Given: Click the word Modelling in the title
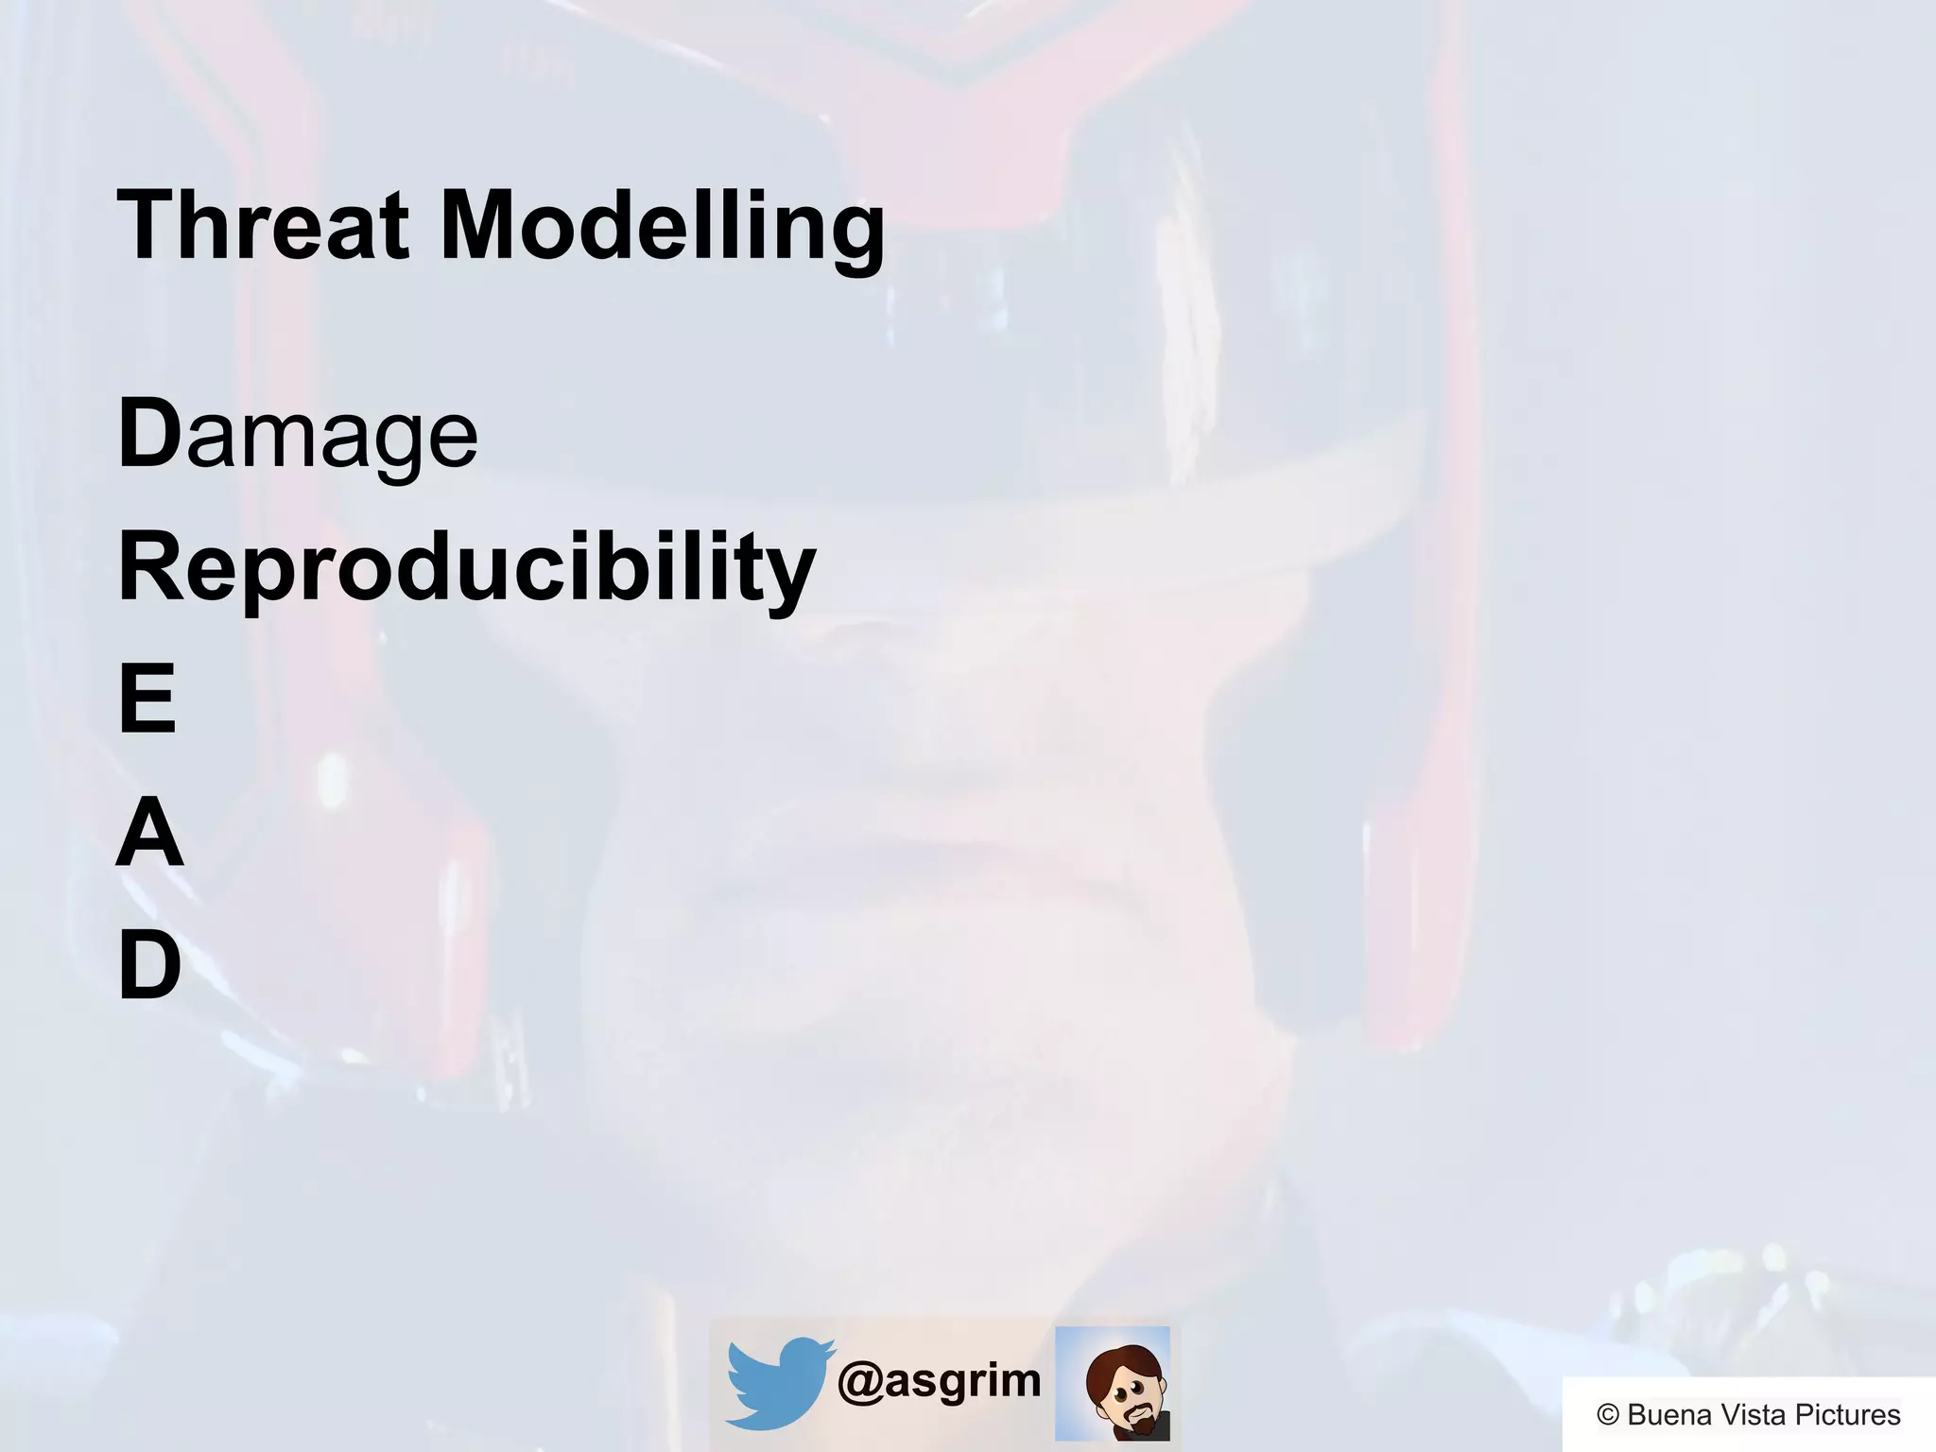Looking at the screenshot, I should (x=663, y=227).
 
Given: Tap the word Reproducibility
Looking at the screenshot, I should (x=467, y=567).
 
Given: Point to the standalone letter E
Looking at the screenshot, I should (x=147, y=700).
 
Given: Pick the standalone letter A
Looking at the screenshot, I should (x=149, y=833).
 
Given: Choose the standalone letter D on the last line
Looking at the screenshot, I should (x=149, y=965).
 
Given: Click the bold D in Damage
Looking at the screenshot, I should (x=149, y=433).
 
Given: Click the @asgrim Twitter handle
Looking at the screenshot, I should (x=940, y=1381).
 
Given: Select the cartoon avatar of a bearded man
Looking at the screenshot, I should (x=1114, y=1383).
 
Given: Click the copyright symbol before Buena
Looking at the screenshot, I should (x=1608, y=1415).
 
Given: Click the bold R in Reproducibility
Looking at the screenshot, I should (x=151, y=567).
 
